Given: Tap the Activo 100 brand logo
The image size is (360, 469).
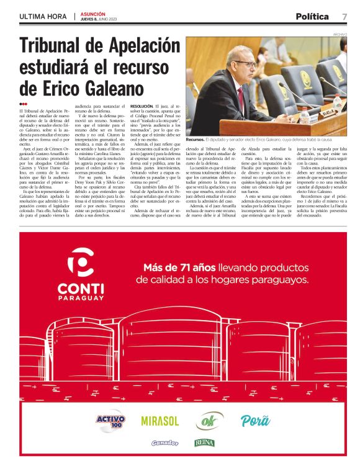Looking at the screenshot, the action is click(x=111, y=421).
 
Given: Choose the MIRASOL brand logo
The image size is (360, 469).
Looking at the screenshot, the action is click(x=160, y=421).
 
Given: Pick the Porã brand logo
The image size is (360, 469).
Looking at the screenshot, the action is click(x=255, y=421).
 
